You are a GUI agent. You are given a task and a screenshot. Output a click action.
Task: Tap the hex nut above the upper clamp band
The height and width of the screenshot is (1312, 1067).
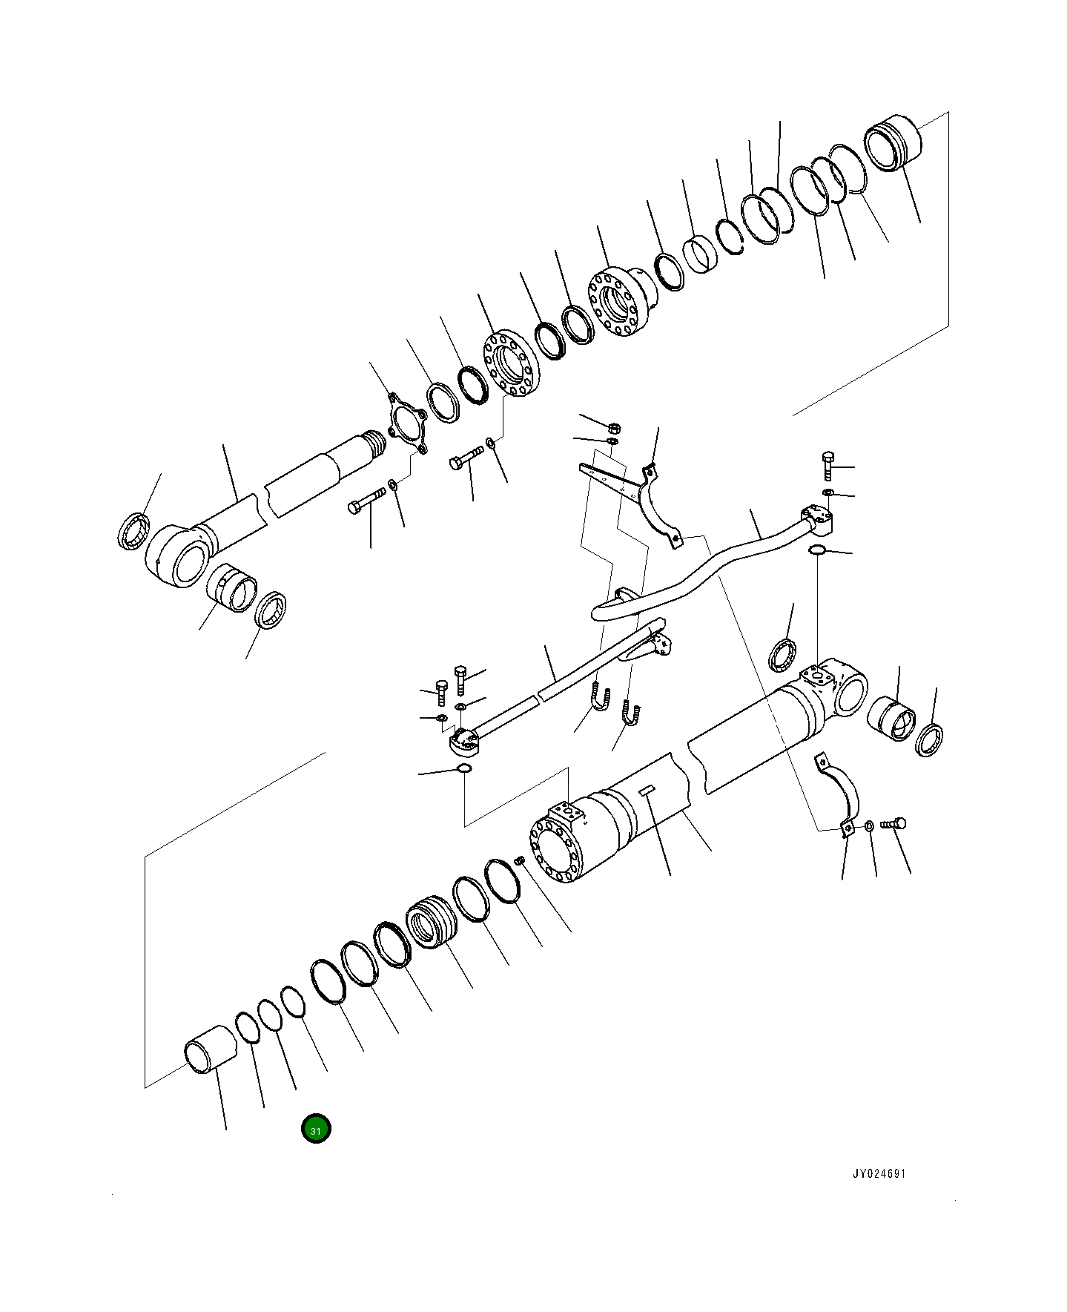point(614,428)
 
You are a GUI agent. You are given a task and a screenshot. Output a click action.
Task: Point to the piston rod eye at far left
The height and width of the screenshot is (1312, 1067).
point(178,555)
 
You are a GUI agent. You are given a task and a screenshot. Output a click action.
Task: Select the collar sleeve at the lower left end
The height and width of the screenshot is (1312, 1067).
point(209,1048)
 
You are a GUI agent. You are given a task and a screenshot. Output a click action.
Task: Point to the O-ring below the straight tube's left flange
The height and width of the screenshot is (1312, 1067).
point(463,768)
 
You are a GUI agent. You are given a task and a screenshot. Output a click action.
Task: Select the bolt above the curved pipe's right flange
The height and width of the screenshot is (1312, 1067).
point(829,466)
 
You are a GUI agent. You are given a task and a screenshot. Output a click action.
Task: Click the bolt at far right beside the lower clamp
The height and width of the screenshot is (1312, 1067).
point(893,823)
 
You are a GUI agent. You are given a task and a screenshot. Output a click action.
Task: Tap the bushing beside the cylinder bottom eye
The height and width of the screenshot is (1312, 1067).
point(892,717)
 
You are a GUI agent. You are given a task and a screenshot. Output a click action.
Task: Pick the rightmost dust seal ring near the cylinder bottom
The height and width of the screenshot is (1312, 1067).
point(930,741)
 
